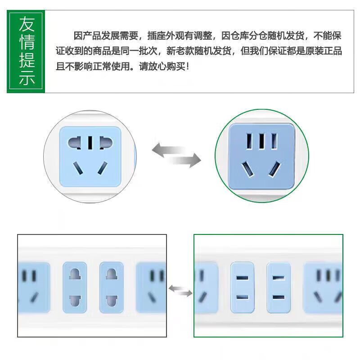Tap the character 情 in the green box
pos(27,42)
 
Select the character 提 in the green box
pos(27,60)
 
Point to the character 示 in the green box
pos(27,78)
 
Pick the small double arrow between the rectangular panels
pos(180,290)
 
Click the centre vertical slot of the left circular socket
pos(90,143)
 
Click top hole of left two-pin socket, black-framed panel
pos(74,274)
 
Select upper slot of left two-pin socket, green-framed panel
pos(243,278)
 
